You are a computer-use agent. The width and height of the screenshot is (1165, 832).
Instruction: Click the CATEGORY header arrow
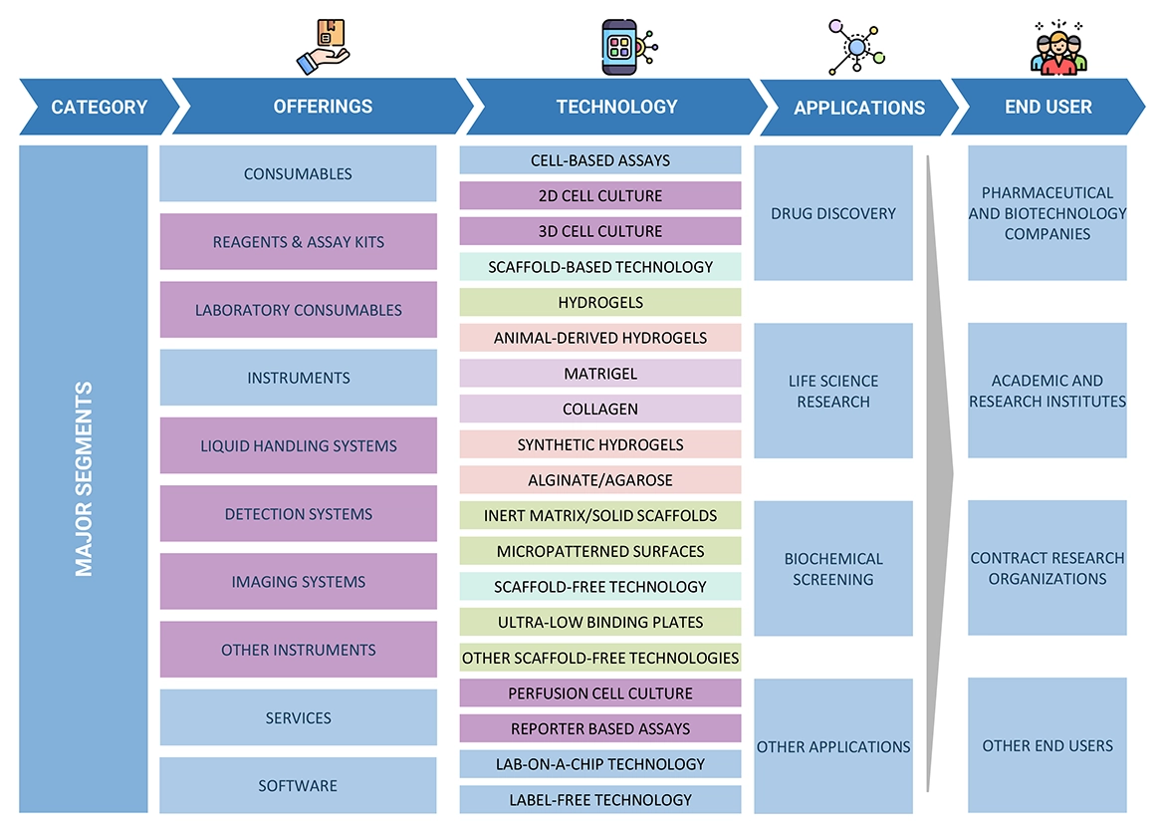(x=98, y=107)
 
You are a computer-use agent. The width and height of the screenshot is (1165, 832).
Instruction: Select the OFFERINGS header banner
(x=323, y=107)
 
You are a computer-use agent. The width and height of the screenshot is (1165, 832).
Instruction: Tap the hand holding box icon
(x=323, y=47)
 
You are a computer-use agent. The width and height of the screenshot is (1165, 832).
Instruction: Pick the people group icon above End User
(x=1057, y=48)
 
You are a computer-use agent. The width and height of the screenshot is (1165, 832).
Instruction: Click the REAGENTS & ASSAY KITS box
(x=298, y=242)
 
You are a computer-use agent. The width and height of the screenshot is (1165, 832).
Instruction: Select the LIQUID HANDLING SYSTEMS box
(x=298, y=445)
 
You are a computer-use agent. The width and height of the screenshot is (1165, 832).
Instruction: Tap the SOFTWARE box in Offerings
(x=298, y=785)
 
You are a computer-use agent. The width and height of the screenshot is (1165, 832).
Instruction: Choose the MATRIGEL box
(x=599, y=374)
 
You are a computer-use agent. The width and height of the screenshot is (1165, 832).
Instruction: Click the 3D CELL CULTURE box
(x=599, y=231)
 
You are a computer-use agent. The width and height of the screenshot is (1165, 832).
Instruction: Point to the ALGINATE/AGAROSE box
(x=599, y=480)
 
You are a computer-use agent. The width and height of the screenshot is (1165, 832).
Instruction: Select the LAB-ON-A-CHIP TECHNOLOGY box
(x=599, y=764)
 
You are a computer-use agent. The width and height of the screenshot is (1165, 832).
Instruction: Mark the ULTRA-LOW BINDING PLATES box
(x=599, y=622)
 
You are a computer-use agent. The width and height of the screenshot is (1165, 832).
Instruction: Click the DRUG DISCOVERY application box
(x=832, y=213)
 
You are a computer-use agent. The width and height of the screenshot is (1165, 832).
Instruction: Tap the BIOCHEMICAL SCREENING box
(x=832, y=568)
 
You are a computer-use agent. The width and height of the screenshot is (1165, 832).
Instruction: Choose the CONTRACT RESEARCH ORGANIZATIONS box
(x=1047, y=568)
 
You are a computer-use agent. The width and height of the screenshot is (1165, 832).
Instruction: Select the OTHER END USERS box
(x=1047, y=745)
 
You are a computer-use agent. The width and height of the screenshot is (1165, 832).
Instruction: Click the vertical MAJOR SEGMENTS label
(x=84, y=478)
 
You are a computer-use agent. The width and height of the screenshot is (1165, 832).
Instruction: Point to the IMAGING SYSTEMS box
(x=298, y=582)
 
